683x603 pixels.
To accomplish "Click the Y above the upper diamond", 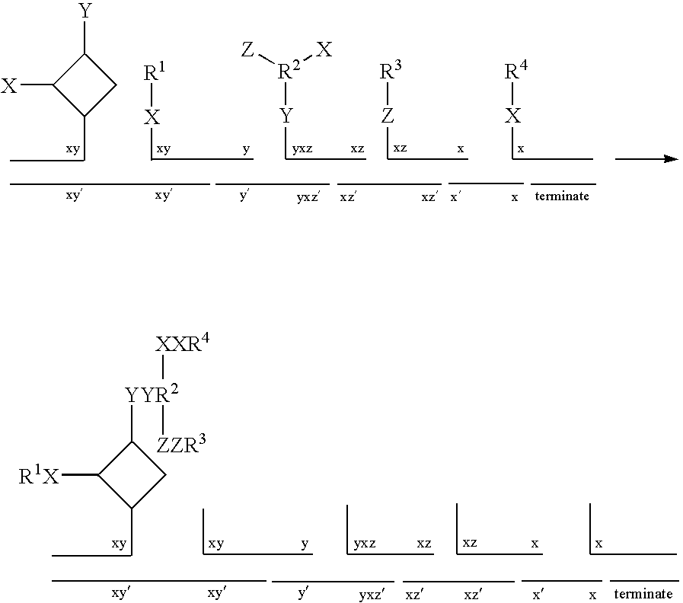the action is point(85,11).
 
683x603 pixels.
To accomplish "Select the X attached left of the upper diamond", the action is point(8,86).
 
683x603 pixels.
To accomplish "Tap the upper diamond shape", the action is point(85,54).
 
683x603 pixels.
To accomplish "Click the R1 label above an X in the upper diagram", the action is point(155,72).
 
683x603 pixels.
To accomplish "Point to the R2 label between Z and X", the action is point(289,70).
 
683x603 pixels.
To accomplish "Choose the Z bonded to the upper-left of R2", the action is point(247,49).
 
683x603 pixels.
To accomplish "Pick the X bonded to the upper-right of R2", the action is point(324,49).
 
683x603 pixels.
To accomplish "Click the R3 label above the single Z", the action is point(391,71).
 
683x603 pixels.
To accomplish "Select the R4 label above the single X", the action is point(516,71).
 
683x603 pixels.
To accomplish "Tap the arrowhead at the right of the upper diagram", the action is point(671,159).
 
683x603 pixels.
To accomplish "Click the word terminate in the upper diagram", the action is point(562,196).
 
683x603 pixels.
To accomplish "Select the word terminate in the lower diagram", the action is point(643,593).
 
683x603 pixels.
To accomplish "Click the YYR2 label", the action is point(152,394).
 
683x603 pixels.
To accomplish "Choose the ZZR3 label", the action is point(181,445).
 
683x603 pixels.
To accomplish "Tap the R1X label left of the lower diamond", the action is point(39,475).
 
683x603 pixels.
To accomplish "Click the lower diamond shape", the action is point(132,442).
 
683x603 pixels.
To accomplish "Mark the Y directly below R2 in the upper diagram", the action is point(286,116).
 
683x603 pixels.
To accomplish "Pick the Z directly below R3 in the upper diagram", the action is point(388,116).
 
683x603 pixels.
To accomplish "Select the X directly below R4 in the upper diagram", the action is point(512,116).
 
